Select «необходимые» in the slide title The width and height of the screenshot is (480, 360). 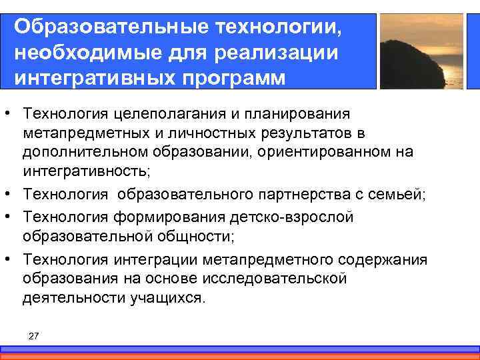pyautogui.click(x=81, y=52)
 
